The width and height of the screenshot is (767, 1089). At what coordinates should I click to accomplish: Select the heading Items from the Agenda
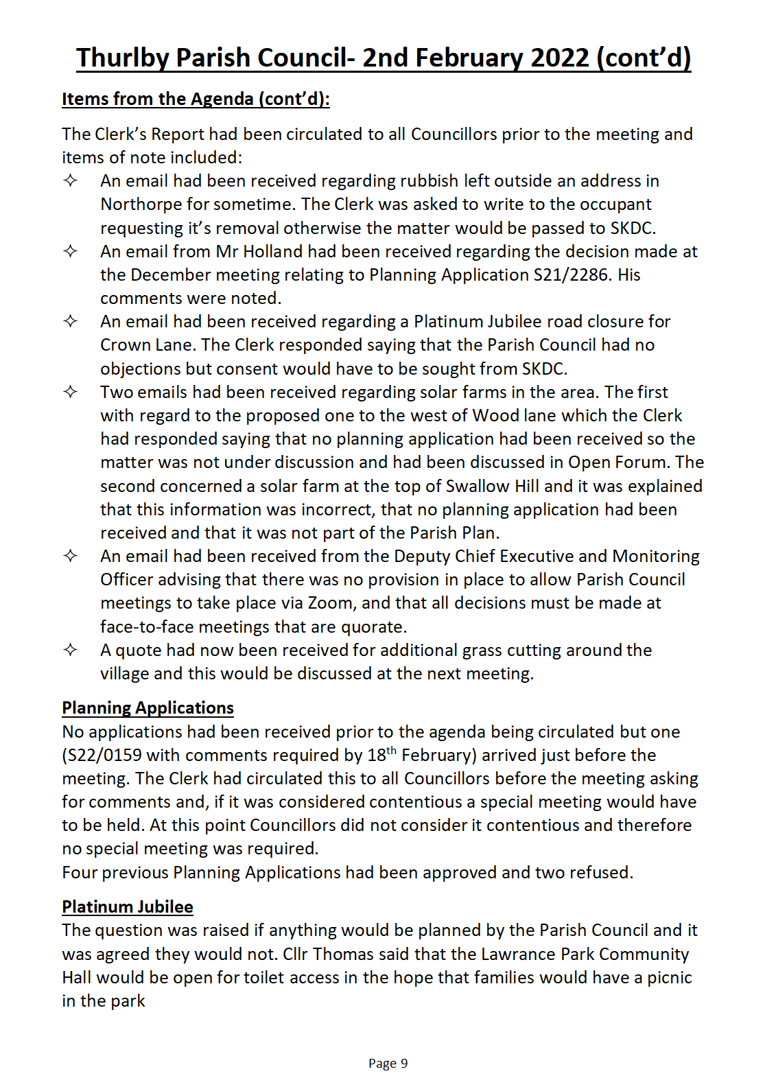point(196,99)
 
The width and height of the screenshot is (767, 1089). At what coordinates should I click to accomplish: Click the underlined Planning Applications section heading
point(147,708)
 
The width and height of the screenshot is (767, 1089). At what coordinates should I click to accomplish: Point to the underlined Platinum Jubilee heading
point(128,907)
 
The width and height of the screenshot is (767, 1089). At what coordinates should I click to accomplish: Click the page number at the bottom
point(388,1064)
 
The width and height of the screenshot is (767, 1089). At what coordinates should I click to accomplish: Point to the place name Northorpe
point(138,204)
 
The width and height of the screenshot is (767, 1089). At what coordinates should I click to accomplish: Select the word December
point(170,275)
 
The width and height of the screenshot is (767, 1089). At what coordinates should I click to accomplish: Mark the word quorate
point(373,627)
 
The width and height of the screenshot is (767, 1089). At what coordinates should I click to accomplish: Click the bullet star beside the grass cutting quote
point(71,650)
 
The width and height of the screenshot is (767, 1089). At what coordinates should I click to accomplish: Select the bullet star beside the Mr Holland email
point(71,251)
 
